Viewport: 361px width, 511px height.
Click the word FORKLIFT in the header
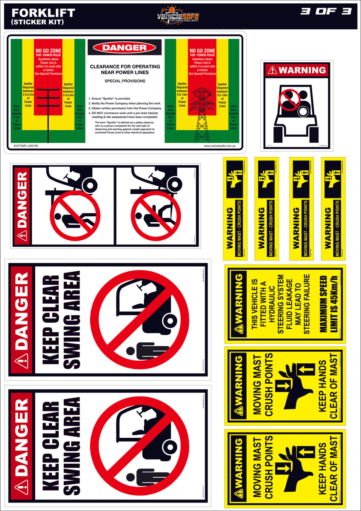click(x=41, y=13)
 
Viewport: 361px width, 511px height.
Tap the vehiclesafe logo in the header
click(x=179, y=16)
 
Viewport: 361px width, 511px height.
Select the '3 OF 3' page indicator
click(x=326, y=11)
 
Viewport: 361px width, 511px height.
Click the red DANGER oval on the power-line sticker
click(x=125, y=47)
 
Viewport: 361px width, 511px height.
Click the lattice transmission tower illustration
click(x=202, y=114)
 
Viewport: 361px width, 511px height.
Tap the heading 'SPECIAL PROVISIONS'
click(x=125, y=81)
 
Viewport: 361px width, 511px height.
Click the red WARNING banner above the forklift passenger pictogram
click(x=296, y=70)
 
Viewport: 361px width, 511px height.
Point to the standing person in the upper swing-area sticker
click(x=146, y=351)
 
